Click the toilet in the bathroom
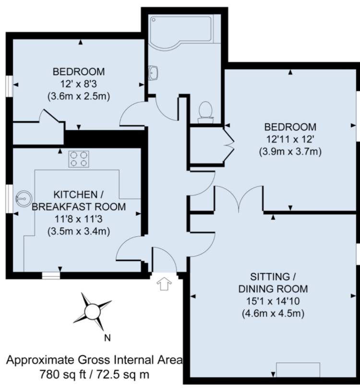[206, 112]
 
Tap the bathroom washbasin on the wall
[154, 73]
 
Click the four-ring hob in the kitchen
[79, 159]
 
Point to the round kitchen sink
[24, 198]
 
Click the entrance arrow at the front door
[164, 283]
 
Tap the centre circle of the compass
[93, 311]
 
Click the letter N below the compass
[108, 338]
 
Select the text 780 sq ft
[63, 375]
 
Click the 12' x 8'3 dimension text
[78, 84]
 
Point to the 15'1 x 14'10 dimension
[273, 301]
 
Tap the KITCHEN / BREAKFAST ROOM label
[79, 201]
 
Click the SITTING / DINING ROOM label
[273, 283]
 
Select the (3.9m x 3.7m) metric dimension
[290, 152]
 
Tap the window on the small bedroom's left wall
[9, 86]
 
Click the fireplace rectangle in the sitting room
[298, 370]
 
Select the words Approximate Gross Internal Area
[95, 360]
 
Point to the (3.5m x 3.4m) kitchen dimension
[79, 232]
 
